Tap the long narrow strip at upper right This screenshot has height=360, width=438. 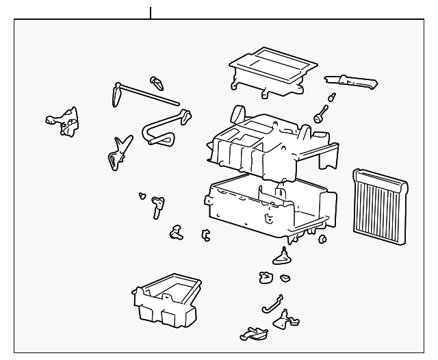click(x=352, y=82)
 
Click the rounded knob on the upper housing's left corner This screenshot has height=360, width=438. click(x=239, y=112)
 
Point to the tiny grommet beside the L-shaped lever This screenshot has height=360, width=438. click(x=142, y=196)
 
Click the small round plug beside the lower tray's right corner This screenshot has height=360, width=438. click(x=321, y=239)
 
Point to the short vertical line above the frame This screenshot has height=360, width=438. click(x=151, y=12)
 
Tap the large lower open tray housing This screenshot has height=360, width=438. click(x=270, y=205)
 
